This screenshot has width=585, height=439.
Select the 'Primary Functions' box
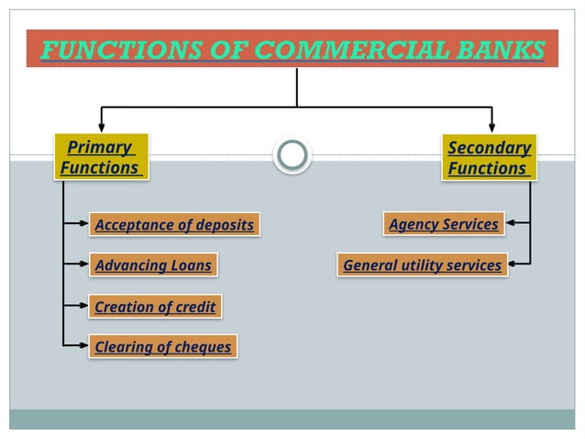pos(100,158)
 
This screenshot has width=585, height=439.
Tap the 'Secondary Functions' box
pos(489,158)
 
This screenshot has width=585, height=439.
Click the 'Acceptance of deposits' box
pos(174,224)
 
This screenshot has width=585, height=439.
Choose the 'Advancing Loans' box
pos(153,265)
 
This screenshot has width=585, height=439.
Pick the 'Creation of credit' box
pos(155,306)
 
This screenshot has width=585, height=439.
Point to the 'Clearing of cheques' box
pos(162,346)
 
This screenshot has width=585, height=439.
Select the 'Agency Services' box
pos(443,224)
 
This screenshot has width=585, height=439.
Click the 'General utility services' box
pos(422,265)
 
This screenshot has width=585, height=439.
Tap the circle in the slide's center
pos(292,155)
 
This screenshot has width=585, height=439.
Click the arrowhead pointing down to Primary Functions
pos(101,127)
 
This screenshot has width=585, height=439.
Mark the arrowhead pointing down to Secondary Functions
pos(492,127)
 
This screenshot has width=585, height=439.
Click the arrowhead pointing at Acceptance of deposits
pos(84,223)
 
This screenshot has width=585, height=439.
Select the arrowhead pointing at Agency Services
pos(510,223)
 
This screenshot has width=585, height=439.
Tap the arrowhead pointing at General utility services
pos(513,265)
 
